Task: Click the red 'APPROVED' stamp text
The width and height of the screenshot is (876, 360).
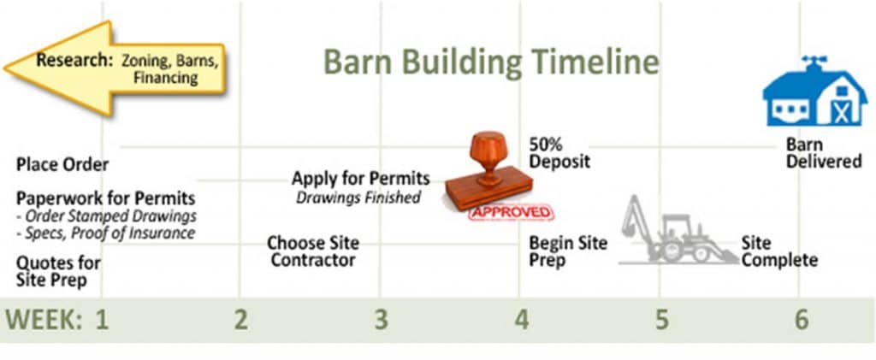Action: pyautogui.click(x=510, y=210)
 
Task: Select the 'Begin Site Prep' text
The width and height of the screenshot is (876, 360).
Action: pyautogui.click(x=567, y=251)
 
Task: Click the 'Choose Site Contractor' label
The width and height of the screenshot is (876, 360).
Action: pyautogui.click(x=312, y=251)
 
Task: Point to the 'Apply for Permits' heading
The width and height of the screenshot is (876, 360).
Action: pyautogui.click(x=360, y=180)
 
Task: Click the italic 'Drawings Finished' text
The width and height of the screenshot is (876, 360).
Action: pyautogui.click(x=358, y=198)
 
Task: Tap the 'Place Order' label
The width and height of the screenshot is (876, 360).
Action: pyautogui.click(x=62, y=164)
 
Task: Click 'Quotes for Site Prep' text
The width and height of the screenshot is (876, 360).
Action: pyautogui.click(x=58, y=271)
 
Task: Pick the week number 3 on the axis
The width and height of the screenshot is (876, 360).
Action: pyautogui.click(x=381, y=320)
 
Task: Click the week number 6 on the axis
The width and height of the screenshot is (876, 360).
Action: pyautogui.click(x=800, y=320)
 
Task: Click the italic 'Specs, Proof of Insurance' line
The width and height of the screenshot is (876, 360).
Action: pyautogui.click(x=108, y=233)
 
